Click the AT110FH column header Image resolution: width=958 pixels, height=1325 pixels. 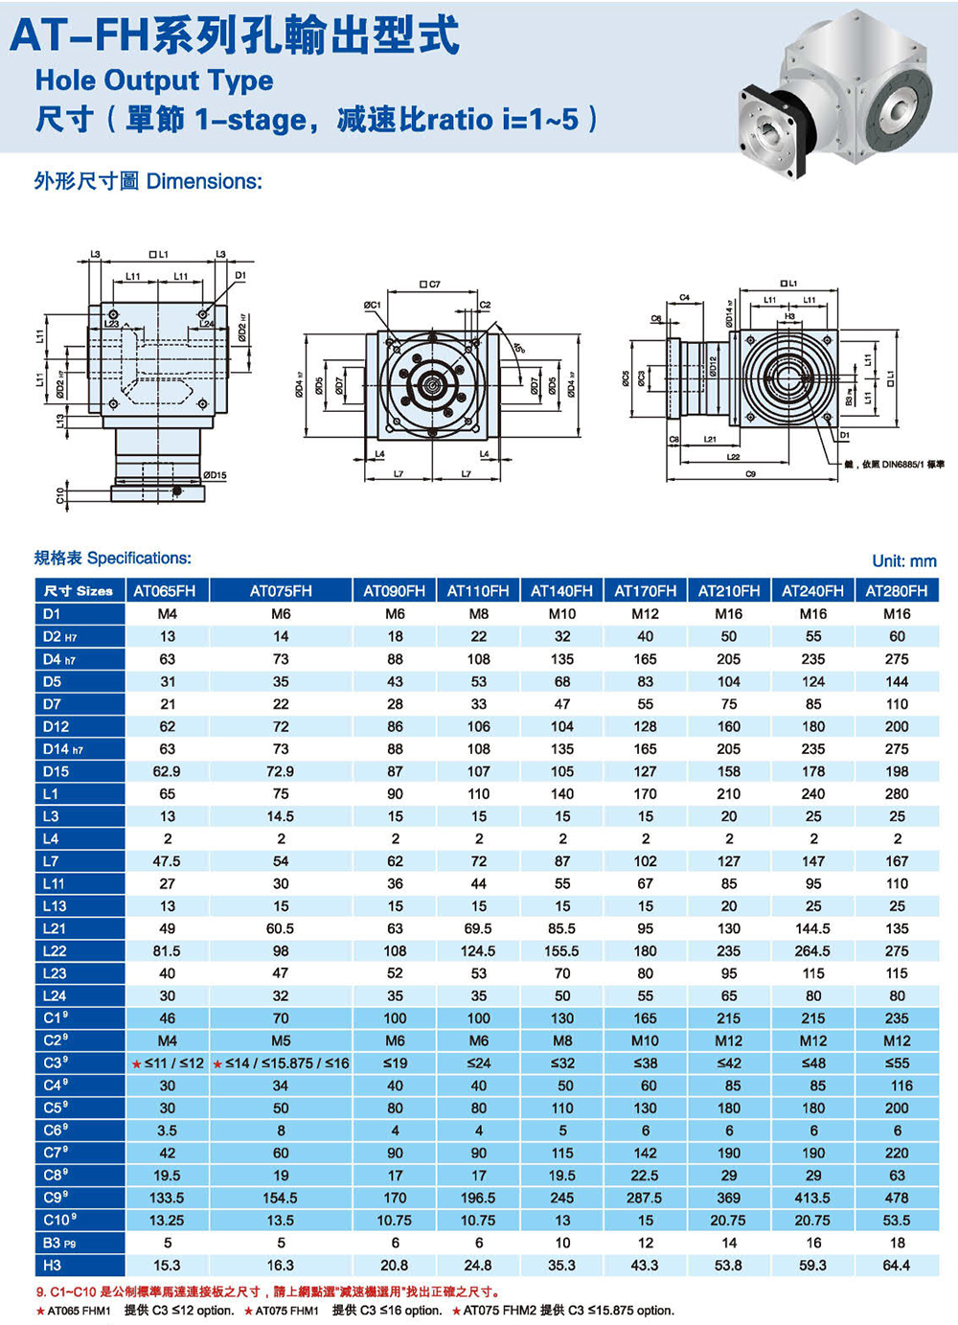pos(478,591)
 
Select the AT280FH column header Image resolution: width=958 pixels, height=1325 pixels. pos(897,591)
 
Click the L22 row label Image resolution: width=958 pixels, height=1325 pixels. pos(55,951)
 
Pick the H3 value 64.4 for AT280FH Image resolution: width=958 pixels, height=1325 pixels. pos(897,1266)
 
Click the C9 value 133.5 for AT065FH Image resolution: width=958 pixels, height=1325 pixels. pos(167,1199)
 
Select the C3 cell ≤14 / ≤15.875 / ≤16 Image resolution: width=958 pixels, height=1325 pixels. pos(281,1063)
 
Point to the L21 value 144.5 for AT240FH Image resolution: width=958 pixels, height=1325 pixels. pos(812,928)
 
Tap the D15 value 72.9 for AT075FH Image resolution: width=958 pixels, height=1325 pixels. pos(280,771)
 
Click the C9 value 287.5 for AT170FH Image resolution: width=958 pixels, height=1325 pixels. pos(645,1199)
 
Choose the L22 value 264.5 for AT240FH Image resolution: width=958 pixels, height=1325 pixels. pos(812,951)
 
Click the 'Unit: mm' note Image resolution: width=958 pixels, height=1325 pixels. pos(903,561)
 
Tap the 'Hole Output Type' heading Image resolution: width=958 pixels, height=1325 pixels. pos(154,80)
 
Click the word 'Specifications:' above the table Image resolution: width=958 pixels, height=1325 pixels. pos(139,559)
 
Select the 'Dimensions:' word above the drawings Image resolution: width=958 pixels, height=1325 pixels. pos(204,182)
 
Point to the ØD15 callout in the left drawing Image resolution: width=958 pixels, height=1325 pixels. pos(215,475)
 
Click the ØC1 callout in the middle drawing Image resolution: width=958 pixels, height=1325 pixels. pos(372,305)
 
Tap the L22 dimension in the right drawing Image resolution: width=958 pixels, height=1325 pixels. pos(733,457)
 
